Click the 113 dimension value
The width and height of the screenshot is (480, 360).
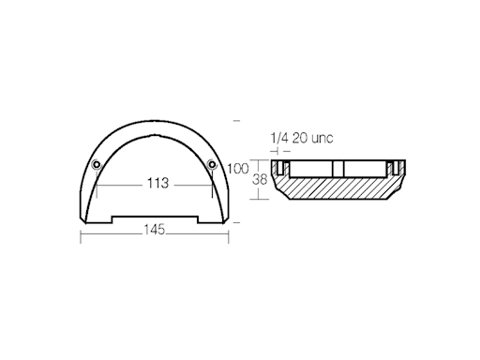[157, 184]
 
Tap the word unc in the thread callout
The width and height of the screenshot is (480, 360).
[320, 139]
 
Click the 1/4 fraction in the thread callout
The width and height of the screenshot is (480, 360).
[278, 139]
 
